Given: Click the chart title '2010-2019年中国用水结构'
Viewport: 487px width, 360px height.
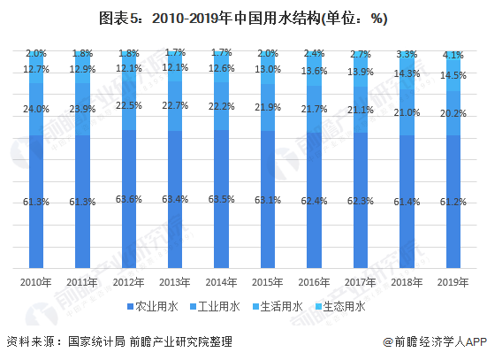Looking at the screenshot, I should (x=244, y=19).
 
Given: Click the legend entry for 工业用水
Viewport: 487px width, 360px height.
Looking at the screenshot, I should (x=215, y=307).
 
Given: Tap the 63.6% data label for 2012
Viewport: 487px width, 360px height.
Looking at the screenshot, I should (x=129, y=199).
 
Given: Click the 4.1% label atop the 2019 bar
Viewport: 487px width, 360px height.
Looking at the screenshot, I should (x=453, y=55).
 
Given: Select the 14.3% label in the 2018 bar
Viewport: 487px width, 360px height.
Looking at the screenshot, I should (x=407, y=74).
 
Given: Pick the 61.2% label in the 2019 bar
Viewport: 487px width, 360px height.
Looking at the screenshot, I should (x=453, y=203).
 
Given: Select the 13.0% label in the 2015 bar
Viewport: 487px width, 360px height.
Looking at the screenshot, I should (x=268, y=70).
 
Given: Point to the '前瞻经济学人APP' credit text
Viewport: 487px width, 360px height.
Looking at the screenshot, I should (x=435, y=341).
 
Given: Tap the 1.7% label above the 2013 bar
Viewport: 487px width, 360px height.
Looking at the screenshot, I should (x=175, y=53).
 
